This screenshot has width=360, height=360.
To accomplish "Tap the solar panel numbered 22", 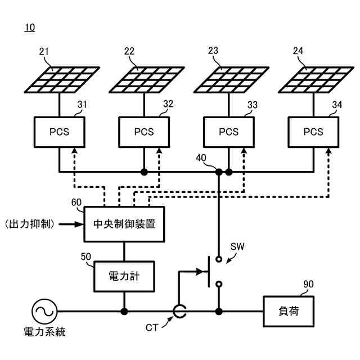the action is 147,80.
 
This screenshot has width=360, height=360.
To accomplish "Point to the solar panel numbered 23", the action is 231,80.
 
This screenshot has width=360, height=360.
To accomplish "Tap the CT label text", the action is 152,327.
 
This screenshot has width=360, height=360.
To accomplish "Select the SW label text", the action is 237,246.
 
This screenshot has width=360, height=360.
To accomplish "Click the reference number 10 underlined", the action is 30,28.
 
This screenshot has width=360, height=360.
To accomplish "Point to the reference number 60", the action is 76,202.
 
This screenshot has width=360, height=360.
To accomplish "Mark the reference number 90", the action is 308,284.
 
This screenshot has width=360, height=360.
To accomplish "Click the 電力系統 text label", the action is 45,332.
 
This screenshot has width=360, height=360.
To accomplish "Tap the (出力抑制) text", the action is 30,224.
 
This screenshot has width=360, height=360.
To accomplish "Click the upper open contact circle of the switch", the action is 219,259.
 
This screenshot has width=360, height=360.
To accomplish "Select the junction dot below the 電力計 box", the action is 124,312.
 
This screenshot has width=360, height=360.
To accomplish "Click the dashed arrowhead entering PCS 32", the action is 159,151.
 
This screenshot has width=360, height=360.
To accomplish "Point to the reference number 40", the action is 201,158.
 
